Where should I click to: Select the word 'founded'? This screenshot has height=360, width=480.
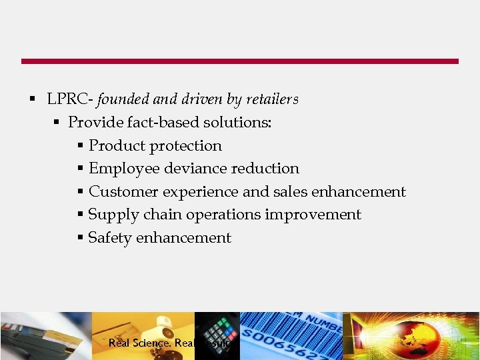point(123,99)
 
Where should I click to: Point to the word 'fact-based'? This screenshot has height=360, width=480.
point(166,123)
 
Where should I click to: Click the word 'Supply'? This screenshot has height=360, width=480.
point(110,215)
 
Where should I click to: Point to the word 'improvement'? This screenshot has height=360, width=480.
point(313,215)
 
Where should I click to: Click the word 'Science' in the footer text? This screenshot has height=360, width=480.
point(150,343)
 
